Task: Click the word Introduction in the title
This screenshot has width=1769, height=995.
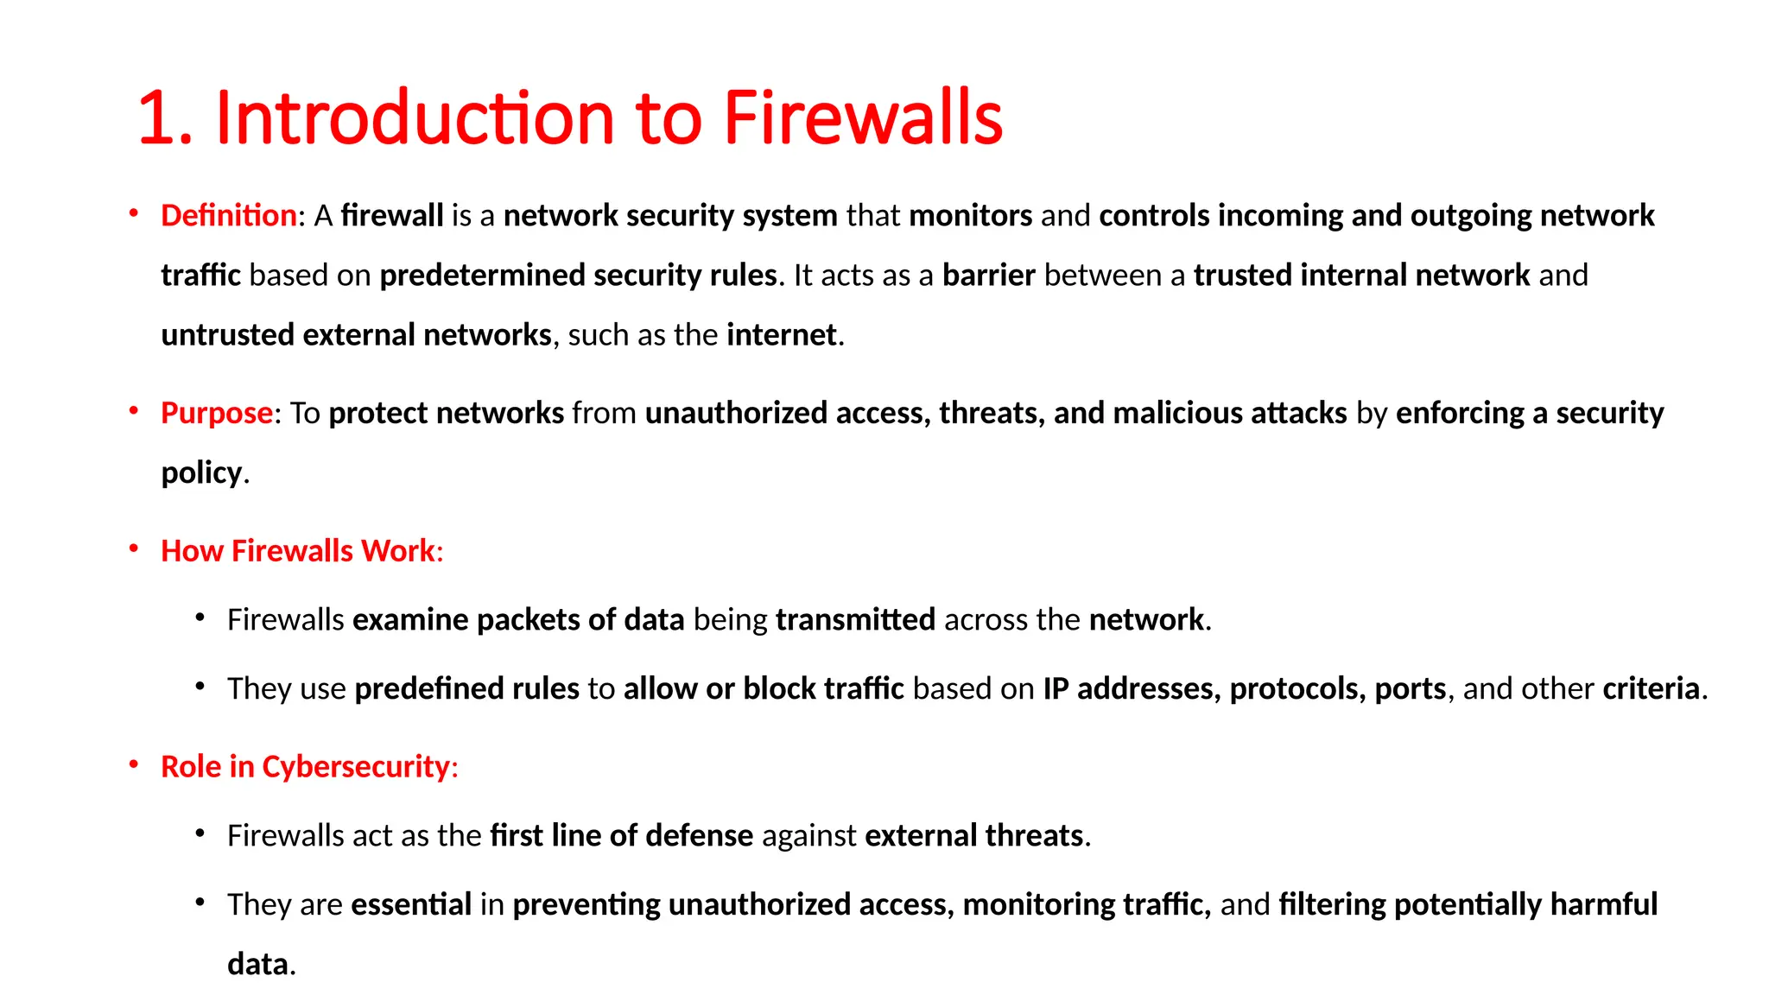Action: (x=415, y=117)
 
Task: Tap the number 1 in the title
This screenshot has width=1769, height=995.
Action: (x=155, y=118)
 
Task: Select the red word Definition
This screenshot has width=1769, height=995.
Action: (x=229, y=215)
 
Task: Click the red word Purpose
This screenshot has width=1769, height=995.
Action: (x=217, y=413)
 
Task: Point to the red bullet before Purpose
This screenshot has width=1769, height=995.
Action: (x=134, y=411)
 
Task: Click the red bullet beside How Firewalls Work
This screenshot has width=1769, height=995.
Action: (x=134, y=548)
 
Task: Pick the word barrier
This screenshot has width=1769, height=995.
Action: (x=988, y=275)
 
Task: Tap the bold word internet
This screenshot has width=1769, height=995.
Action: (x=782, y=334)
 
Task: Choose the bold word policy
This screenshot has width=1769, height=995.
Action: (x=201, y=473)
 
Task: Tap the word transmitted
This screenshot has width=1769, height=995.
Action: (x=855, y=619)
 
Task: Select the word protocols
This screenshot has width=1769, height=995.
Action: (x=1293, y=688)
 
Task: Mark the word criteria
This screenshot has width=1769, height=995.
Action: (x=1651, y=688)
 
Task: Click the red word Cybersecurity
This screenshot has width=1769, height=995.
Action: (x=356, y=766)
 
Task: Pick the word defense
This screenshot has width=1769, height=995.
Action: (x=699, y=835)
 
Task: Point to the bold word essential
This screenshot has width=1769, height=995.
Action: (x=411, y=904)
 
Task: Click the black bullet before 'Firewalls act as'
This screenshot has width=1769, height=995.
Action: (x=200, y=833)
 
